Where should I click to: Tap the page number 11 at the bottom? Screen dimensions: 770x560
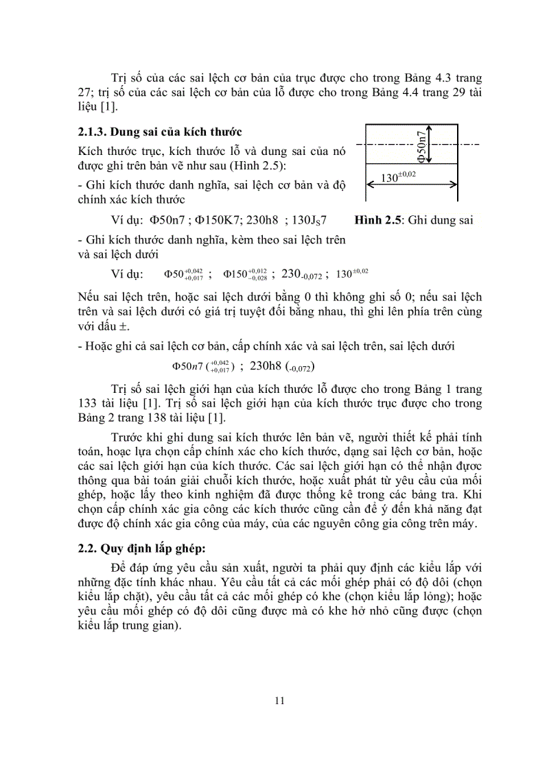tap(279, 700)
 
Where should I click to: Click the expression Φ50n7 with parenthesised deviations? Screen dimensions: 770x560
tap(203, 366)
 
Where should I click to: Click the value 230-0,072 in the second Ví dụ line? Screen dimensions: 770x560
tap(302, 274)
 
